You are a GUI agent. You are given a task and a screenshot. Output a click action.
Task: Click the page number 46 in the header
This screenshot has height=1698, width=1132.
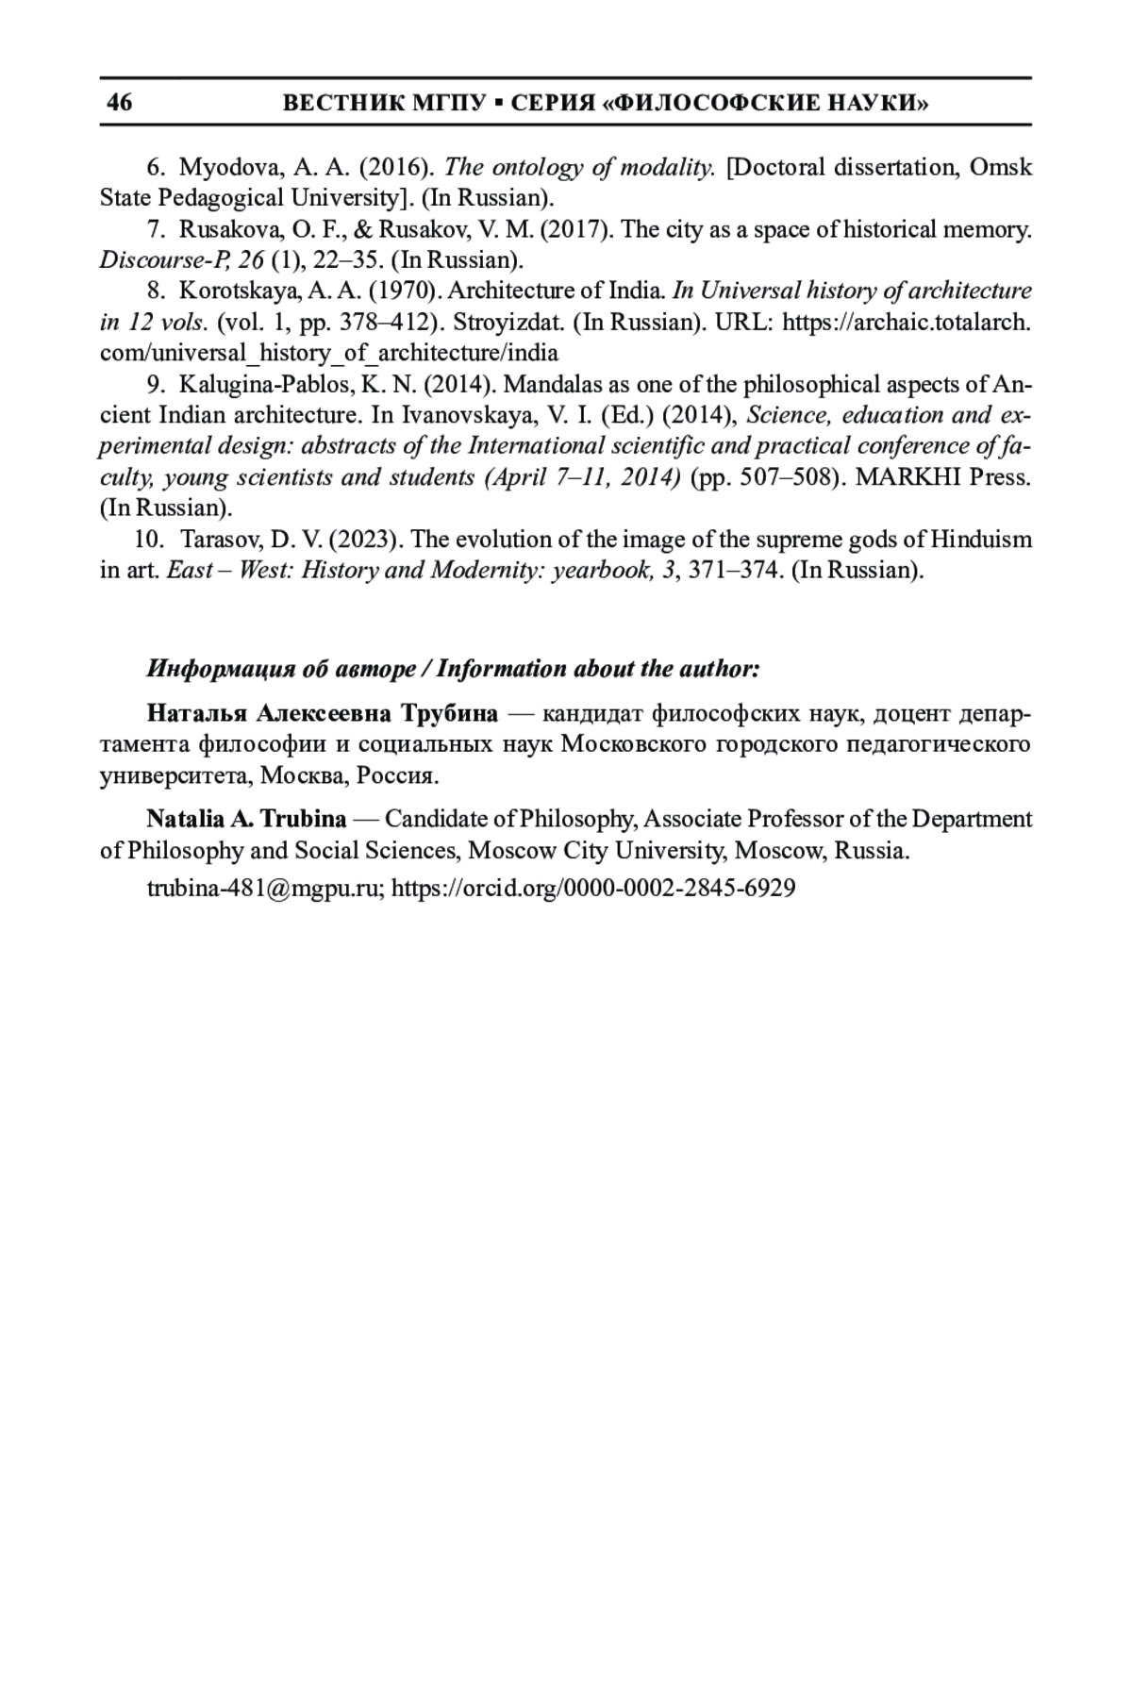pyautogui.click(x=120, y=102)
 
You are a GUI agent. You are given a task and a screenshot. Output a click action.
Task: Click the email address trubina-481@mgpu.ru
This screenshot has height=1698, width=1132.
pyautogui.click(x=264, y=888)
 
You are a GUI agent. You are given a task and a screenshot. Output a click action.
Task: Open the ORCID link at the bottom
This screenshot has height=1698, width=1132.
pyautogui.click(x=593, y=888)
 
